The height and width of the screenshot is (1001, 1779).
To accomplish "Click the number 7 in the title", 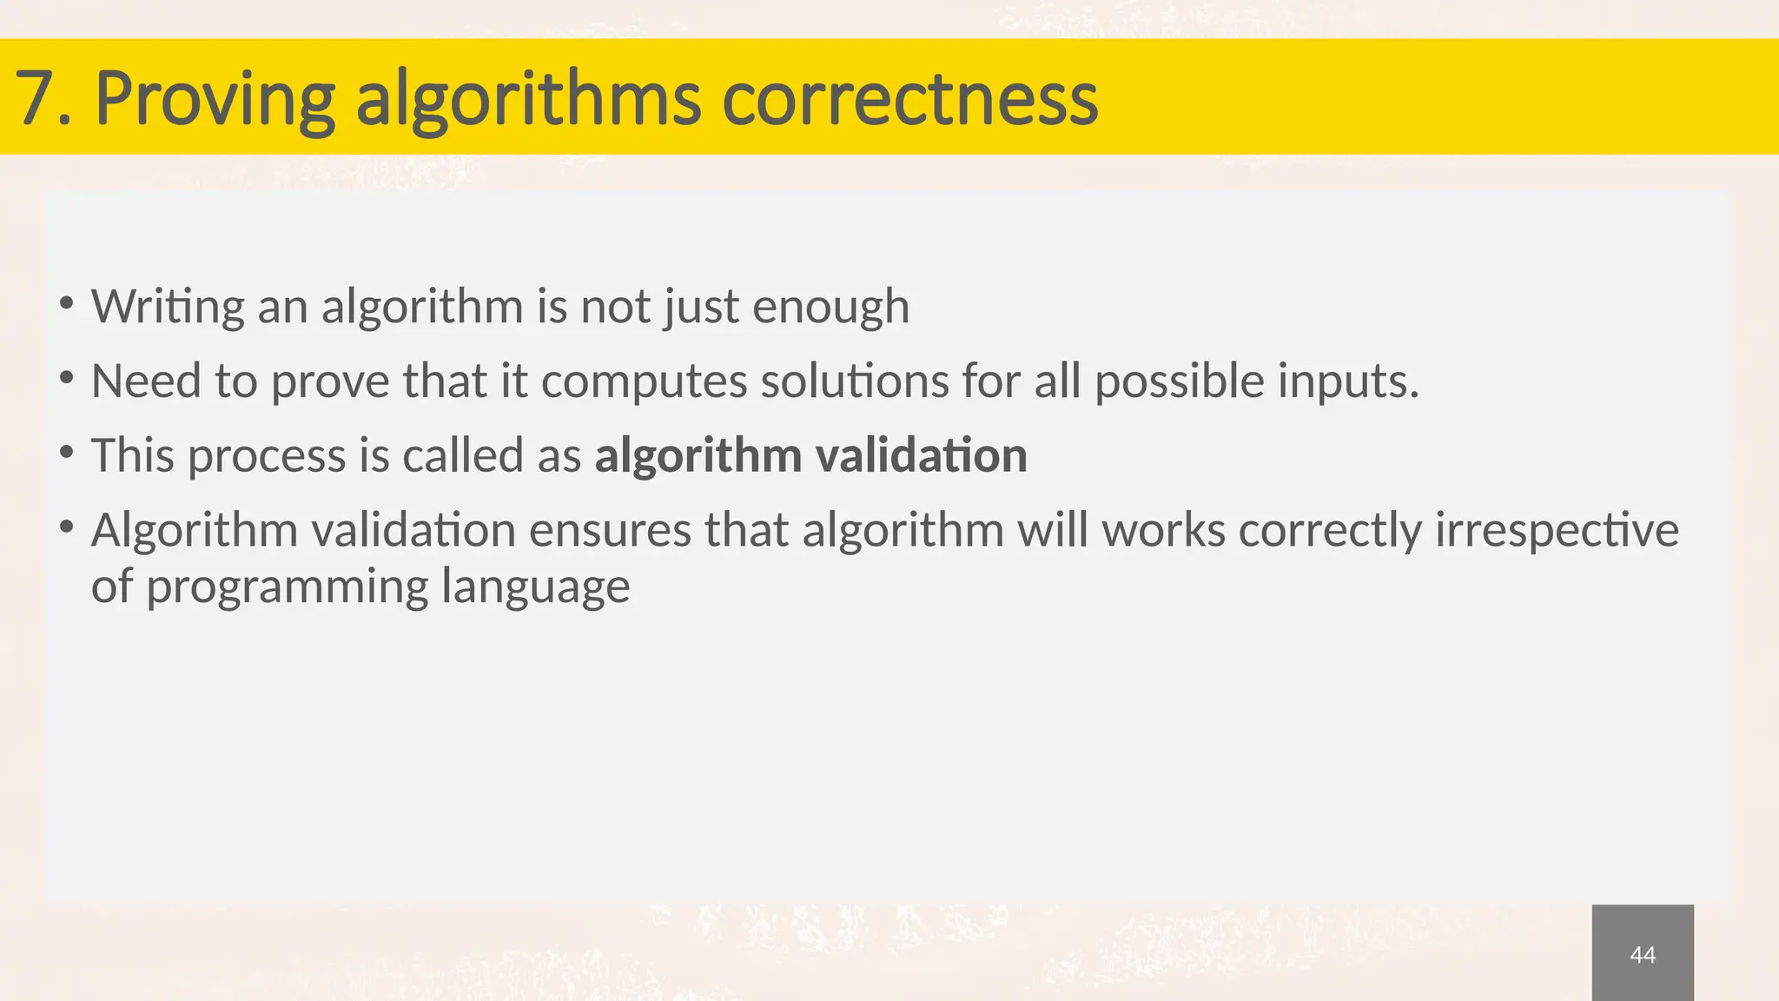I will pos(33,98).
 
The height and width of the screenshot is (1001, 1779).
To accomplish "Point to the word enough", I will pos(830,307).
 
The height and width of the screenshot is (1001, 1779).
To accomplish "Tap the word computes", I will pos(644,382).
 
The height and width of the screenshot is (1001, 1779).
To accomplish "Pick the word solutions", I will pos(855,381).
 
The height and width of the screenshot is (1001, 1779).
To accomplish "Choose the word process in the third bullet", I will pos(267,456).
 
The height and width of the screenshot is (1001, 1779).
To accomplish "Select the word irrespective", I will pos(1557,531).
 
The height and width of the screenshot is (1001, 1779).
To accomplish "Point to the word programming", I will pos(287,587).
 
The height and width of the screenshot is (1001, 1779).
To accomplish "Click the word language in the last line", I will pos(535,587).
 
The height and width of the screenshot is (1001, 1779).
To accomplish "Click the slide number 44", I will pos(1643,955).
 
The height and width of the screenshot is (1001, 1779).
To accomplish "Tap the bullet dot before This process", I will pos(66,453).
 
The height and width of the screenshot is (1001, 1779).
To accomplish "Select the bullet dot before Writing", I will pos(66,303).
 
